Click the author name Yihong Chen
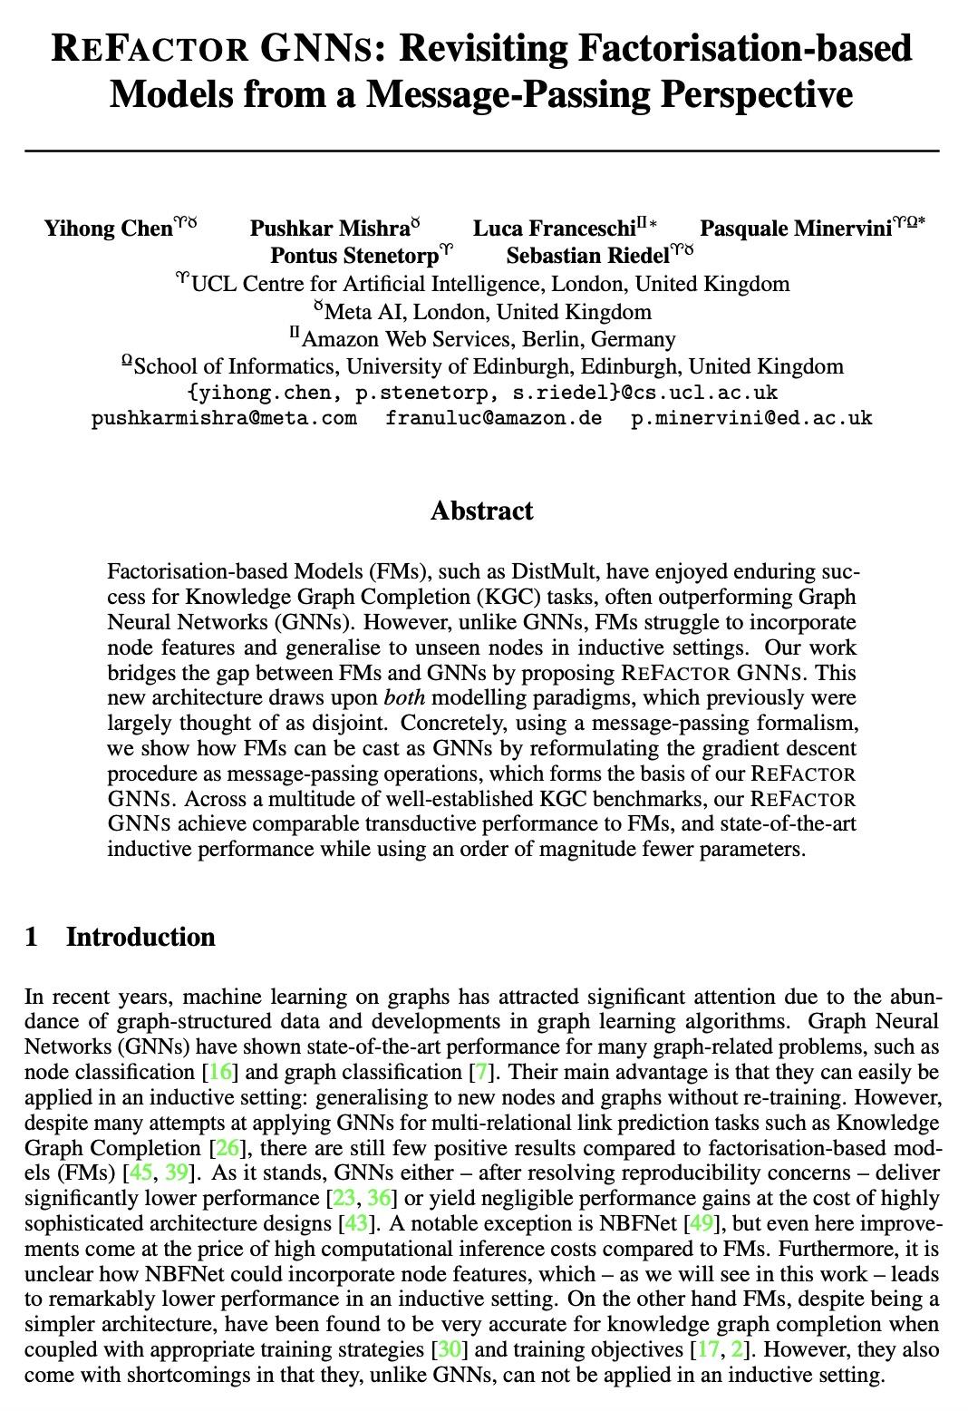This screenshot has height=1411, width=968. click(x=108, y=229)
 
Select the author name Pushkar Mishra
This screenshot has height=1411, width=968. click(x=329, y=229)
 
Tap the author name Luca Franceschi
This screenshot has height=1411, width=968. click(x=554, y=229)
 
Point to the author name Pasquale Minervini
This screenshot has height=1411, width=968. click(x=795, y=229)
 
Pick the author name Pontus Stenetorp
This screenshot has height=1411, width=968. click(x=354, y=256)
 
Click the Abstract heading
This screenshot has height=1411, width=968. click(x=482, y=511)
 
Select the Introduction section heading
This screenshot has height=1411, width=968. click(x=140, y=937)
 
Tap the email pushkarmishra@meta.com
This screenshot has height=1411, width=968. click(x=224, y=418)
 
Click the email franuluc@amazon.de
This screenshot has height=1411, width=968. click(x=493, y=418)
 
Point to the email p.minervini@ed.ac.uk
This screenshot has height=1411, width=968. click(x=751, y=418)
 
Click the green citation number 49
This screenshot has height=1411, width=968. click(x=701, y=1223)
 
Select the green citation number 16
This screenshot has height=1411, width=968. click(x=220, y=1072)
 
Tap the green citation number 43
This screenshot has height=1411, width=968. click(x=355, y=1223)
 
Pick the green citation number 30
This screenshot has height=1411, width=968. click(x=449, y=1349)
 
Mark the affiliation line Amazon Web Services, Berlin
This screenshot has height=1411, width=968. click(x=488, y=339)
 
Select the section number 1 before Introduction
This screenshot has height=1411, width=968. click(x=32, y=937)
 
